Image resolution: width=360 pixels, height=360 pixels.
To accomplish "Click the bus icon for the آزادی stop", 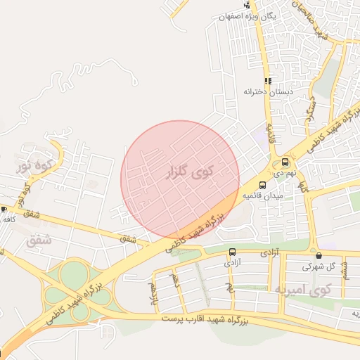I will [x=232, y=252].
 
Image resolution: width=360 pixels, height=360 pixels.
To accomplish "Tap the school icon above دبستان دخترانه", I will [x=268, y=81].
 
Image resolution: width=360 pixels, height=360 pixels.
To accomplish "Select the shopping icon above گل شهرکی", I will [x=320, y=256].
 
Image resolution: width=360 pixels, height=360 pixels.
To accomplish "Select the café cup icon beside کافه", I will [x=4, y=209].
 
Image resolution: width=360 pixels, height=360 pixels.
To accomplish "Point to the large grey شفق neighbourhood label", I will [x=39, y=240].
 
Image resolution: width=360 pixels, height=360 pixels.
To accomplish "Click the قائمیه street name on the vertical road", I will [x=268, y=131].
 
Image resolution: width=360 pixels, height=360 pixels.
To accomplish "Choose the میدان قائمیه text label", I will [x=262, y=195].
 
